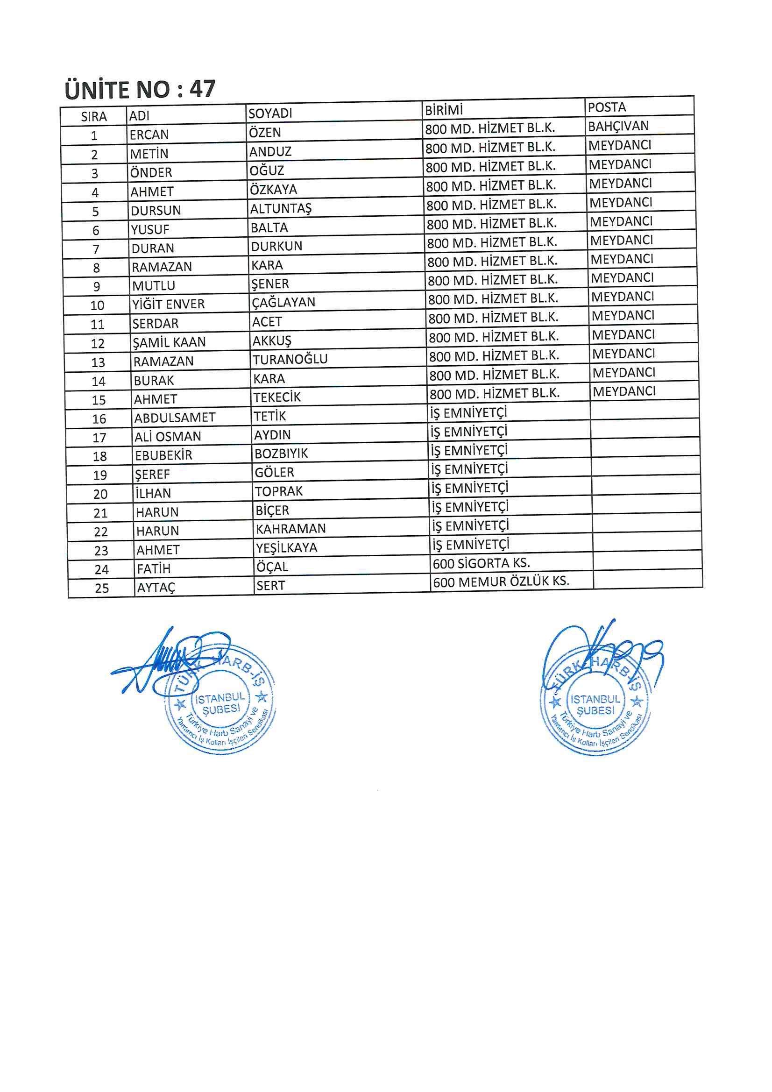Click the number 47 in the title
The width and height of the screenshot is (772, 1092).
(202, 89)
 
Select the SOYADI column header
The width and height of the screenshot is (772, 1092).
(270, 113)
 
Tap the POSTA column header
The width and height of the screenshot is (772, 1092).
(607, 107)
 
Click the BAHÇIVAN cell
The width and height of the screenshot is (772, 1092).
(618, 127)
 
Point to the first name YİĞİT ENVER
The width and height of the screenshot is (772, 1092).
(169, 305)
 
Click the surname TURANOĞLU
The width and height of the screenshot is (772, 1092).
(290, 360)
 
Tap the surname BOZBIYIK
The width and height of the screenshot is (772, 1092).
(281, 454)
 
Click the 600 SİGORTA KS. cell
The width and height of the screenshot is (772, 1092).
(481, 564)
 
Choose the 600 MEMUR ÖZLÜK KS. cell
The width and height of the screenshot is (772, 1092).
(501, 581)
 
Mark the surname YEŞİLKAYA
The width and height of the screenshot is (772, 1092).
(286, 548)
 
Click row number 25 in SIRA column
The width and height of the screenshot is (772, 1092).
(102, 589)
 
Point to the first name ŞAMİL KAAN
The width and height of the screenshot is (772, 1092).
(170, 342)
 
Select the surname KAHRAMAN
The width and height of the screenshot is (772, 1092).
(290, 529)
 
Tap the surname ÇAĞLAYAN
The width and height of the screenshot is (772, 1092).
(283, 303)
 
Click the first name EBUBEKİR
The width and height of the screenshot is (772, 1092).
(163, 456)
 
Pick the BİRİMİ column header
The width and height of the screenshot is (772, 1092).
(443, 110)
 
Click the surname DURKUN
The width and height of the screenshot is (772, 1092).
(276, 246)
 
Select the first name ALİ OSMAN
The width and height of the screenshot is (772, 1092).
(168, 437)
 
